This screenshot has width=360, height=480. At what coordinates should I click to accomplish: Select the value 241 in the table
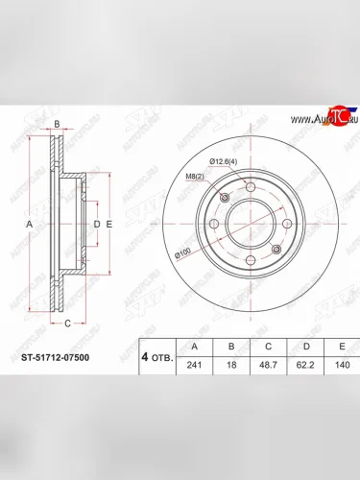195,365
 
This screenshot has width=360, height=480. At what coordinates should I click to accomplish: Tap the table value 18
231,365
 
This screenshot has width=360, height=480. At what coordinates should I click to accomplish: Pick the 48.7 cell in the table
269,365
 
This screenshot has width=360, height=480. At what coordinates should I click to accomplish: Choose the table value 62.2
306,365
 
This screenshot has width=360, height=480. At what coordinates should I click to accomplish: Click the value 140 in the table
341,365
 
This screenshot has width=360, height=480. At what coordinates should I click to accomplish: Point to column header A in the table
195,347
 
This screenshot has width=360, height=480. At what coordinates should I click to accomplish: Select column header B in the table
231,347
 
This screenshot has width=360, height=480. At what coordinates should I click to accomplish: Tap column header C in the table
269,347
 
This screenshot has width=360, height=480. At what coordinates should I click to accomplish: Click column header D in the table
306,347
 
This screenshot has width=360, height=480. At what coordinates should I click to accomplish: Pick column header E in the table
341,347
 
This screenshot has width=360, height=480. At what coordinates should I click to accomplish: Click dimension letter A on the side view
28,224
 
